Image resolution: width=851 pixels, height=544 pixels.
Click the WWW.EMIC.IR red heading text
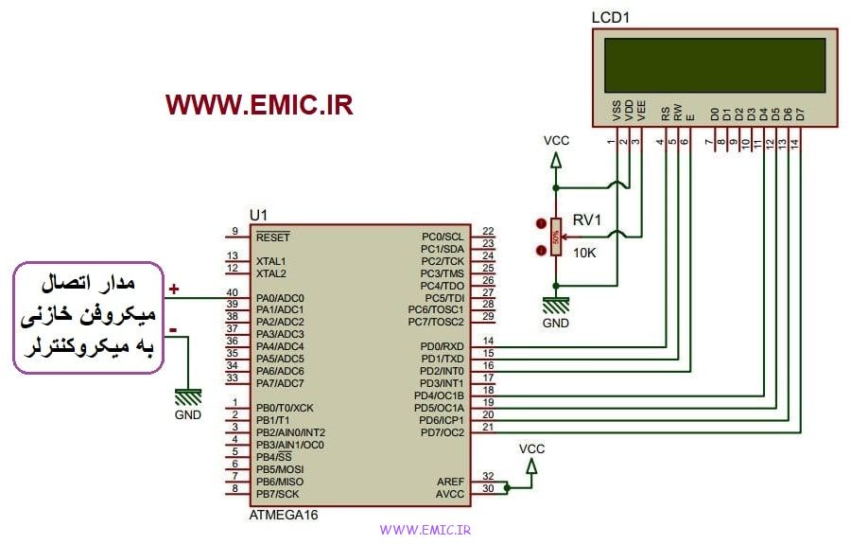[259, 105]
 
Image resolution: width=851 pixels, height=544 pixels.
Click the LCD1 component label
[610, 18]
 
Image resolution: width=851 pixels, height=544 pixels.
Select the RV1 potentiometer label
[587, 219]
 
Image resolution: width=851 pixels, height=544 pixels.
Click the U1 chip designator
[258, 216]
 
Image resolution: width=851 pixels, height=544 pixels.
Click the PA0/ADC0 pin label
[280, 298]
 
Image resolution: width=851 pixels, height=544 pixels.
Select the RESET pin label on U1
[273, 237]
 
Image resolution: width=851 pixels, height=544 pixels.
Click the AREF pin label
[451, 481]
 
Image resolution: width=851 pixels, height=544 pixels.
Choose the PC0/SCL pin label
[443, 237]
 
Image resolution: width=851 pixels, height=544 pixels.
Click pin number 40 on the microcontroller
[232, 293]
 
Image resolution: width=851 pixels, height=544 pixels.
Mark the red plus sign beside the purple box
[174, 289]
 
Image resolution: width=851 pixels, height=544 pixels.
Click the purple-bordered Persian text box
[87, 320]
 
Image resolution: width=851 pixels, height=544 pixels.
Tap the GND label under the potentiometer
[556, 323]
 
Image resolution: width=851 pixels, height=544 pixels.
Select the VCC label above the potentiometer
[557, 141]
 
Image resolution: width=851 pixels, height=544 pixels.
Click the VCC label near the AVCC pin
[532, 447]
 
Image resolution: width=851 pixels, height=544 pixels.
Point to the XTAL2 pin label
[271, 273]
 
